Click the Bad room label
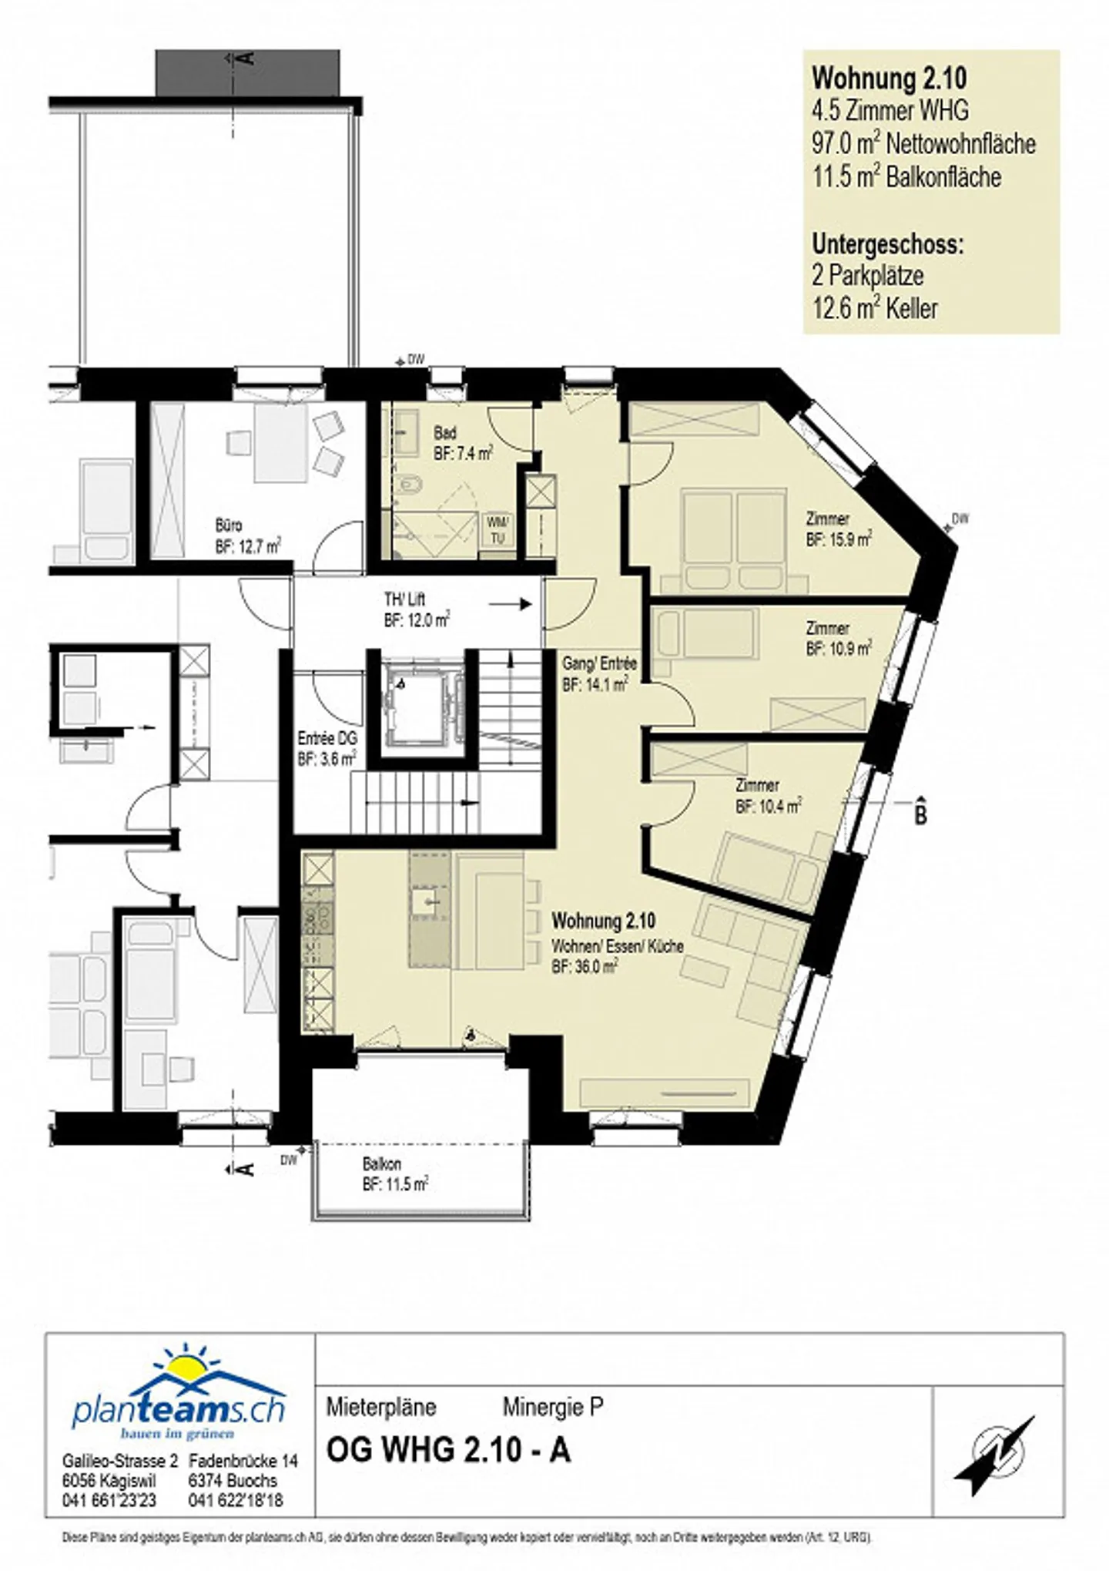coord(444,431)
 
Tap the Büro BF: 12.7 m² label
coord(247,536)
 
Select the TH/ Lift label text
coord(405,599)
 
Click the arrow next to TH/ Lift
coord(511,605)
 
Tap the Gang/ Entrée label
coord(599,663)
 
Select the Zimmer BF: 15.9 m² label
coord(838,529)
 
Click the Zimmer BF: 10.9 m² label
coord(838,639)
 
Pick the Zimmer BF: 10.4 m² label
coord(768,796)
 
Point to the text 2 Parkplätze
coord(868,275)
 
